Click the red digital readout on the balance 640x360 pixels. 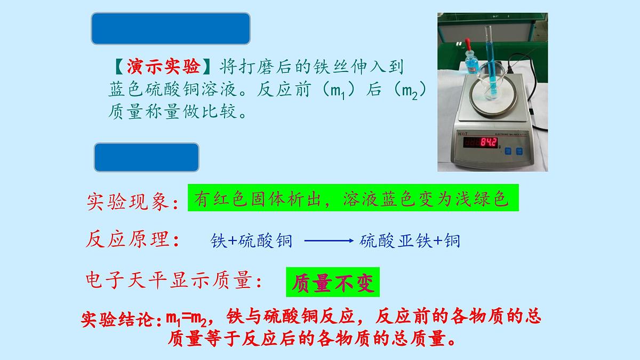point(481,142)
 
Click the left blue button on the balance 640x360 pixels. point(508,151)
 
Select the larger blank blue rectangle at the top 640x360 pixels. point(171,28)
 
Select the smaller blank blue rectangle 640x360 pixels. point(147,157)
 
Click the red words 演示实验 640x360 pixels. point(164,67)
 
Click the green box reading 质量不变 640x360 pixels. point(333,283)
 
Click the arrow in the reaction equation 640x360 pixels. point(329,241)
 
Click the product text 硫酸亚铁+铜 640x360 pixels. point(410,241)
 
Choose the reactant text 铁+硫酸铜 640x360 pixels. point(252,241)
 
